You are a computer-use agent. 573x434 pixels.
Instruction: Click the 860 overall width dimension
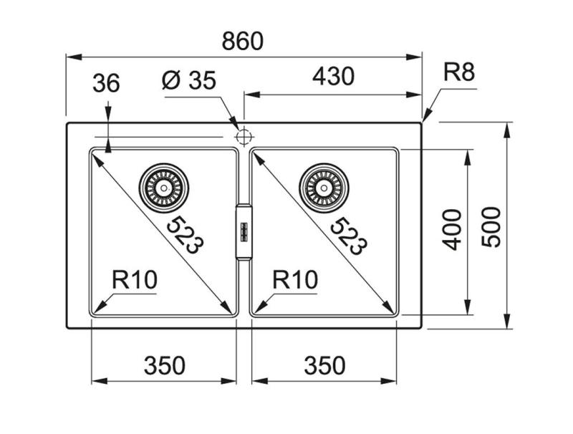(242, 42)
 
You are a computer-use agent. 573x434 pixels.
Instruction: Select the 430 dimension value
(333, 77)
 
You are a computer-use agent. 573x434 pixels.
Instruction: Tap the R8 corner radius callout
(459, 72)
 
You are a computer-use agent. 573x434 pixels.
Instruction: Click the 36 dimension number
(106, 84)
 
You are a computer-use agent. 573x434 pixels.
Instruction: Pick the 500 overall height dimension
(491, 226)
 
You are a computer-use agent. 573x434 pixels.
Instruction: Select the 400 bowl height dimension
(451, 229)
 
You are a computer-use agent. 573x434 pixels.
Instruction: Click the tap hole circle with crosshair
(244, 135)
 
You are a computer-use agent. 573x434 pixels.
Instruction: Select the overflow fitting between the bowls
(244, 231)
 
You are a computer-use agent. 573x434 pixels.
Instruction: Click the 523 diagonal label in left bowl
(184, 236)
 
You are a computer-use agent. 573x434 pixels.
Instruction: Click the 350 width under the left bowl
(165, 365)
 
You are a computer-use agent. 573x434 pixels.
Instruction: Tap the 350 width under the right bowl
(324, 365)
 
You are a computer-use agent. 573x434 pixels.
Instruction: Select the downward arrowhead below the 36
(107, 145)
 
